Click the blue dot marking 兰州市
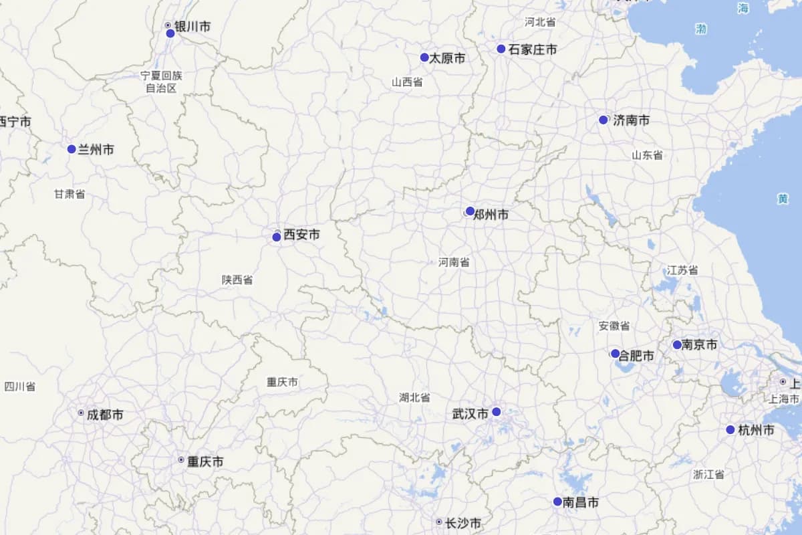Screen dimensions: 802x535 72,149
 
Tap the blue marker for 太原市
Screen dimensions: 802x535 424,58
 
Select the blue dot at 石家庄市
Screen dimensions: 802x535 501,49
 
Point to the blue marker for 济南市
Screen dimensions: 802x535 604,120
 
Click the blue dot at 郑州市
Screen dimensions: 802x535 470,211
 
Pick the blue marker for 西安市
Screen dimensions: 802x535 277,237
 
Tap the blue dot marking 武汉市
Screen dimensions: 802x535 497,412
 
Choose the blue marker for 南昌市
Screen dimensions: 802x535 557,502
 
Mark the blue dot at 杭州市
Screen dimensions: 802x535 730,429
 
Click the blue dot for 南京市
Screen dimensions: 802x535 677,345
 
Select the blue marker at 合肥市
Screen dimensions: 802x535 616,354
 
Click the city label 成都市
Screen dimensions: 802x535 105,415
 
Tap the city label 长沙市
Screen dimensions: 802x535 462,524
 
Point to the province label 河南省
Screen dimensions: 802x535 454,262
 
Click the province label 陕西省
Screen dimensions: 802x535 237,280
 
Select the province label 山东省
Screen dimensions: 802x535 647,155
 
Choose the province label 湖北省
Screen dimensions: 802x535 414,397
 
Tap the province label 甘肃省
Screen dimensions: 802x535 70,194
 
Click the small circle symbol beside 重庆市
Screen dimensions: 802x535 181,460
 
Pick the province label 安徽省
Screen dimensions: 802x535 614,326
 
